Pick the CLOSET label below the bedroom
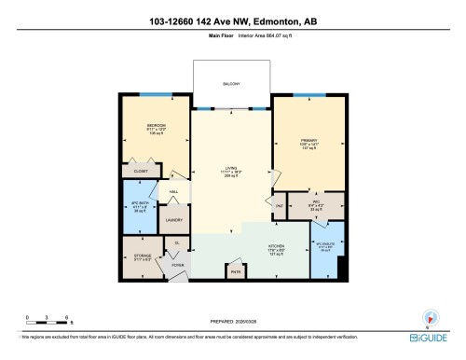coord(140,172)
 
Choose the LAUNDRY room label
coord(172,220)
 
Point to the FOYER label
coord(177,266)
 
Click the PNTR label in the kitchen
coord(236,271)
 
